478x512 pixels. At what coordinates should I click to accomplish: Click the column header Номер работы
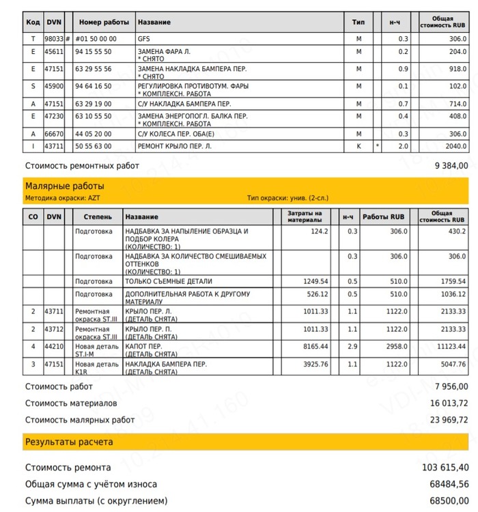tap(102, 23)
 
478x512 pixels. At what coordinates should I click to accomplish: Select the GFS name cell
tap(143, 39)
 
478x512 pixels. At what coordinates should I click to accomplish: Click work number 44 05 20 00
tap(93, 134)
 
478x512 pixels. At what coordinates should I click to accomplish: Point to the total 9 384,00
tap(451, 166)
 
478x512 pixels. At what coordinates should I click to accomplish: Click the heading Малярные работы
tap(64, 186)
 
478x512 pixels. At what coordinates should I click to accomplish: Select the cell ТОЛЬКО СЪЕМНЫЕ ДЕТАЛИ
tap(169, 281)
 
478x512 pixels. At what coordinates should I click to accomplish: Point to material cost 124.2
tap(320, 231)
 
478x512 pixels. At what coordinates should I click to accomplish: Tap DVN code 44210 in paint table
tap(53, 347)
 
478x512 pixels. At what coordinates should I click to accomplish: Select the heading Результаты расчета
tap(69, 442)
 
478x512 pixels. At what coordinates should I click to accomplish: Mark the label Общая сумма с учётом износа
tap(91, 484)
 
